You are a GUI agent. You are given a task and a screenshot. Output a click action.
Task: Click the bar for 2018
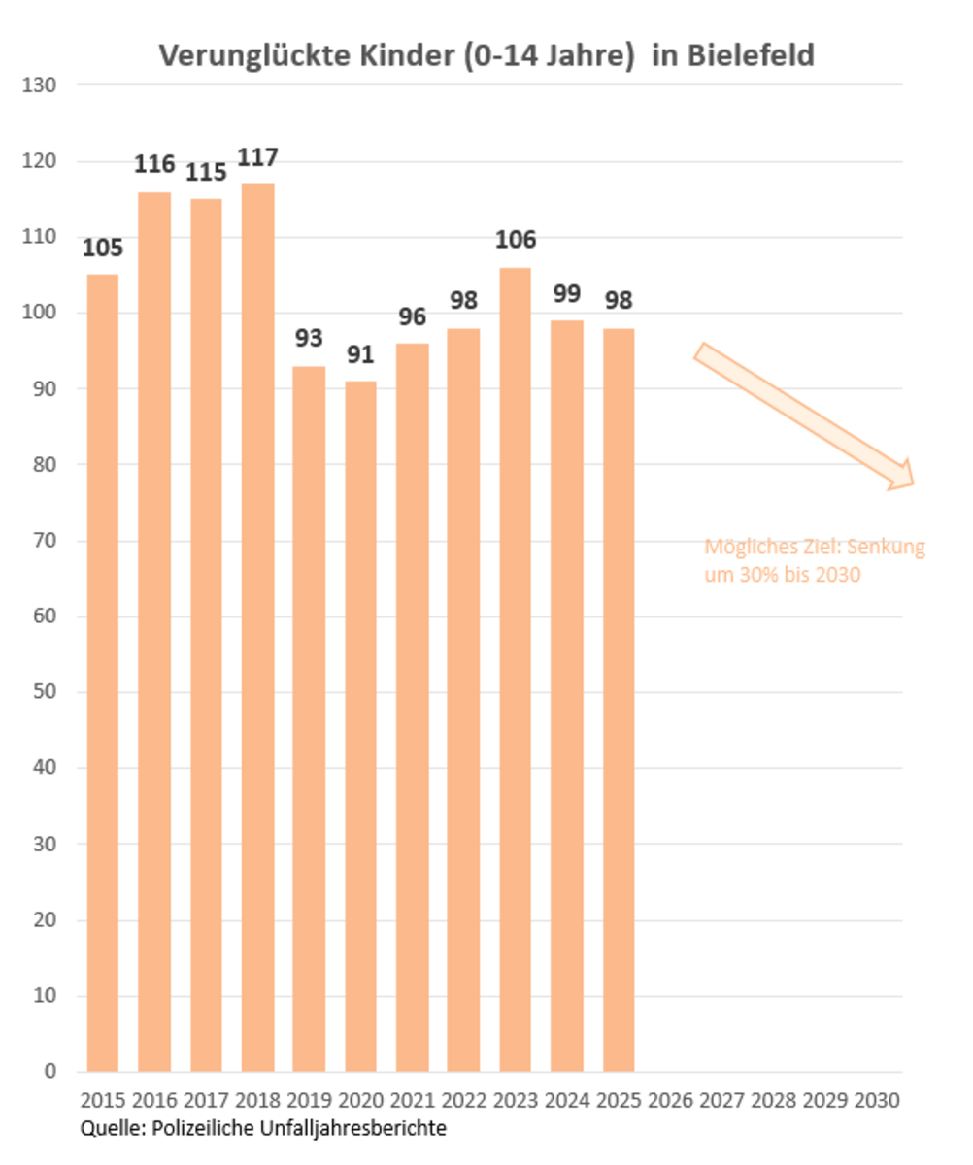point(257,627)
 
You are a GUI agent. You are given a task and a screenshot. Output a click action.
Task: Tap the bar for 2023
point(515,670)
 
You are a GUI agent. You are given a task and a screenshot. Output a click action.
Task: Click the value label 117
point(257,157)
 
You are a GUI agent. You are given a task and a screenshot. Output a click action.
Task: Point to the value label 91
point(360,354)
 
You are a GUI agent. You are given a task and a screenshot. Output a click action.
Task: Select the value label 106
point(515,240)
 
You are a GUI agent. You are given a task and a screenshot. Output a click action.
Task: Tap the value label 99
point(566,293)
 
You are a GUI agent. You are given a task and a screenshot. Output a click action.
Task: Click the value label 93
point(309,340)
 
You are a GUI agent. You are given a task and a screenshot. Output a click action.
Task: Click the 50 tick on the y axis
point(45,693)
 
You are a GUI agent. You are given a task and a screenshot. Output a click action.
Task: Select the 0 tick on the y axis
point(50,1072)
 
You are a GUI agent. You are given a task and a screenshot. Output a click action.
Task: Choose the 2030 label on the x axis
point(877,1102)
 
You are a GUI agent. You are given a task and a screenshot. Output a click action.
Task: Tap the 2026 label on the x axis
point(670,1102)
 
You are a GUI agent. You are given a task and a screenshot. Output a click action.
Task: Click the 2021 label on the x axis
point(412,1102)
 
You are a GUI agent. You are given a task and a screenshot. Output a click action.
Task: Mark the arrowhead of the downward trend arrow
point(902,474)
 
